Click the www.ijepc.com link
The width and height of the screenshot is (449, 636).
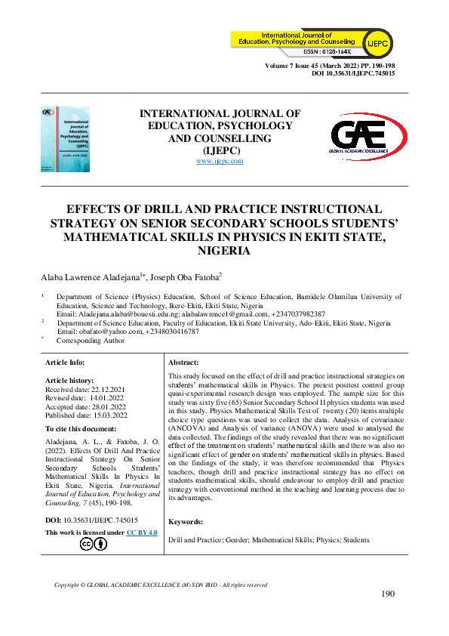click(x=220, y=162)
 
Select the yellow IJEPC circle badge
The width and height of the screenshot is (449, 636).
click(x=377, y=45)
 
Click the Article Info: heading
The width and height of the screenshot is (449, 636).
click(x=69, y=363)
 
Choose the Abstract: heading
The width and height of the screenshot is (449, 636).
click(x=183, y=363)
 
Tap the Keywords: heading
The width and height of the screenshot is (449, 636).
click(x=186, y=521)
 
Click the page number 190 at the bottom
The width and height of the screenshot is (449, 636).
click(x=388, y=594)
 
